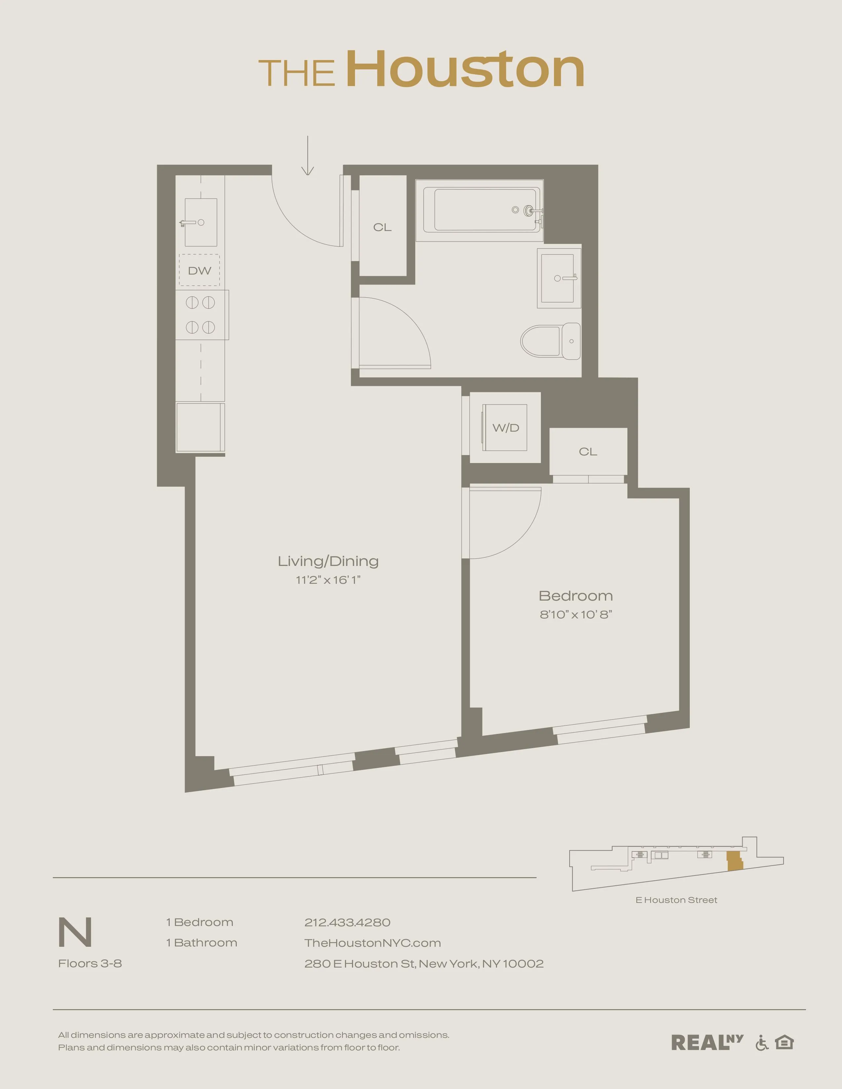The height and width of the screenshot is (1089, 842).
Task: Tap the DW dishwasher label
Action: point(199,271)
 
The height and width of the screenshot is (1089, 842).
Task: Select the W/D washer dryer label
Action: point(506,427)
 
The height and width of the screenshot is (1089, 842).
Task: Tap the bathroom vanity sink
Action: point(559,278)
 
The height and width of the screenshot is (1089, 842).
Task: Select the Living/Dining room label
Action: point(328,561)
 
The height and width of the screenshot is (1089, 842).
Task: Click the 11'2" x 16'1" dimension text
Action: point(328,580)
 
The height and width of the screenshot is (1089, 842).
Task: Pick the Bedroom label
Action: point(576,596)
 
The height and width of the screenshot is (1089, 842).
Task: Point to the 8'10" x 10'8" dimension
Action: point(576,614)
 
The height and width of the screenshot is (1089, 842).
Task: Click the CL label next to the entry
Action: point(383,227)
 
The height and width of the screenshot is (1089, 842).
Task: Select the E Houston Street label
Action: point(676,900)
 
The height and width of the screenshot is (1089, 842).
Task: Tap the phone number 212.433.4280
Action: point(347,922)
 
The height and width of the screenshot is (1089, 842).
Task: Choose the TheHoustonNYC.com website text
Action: point(372,943)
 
